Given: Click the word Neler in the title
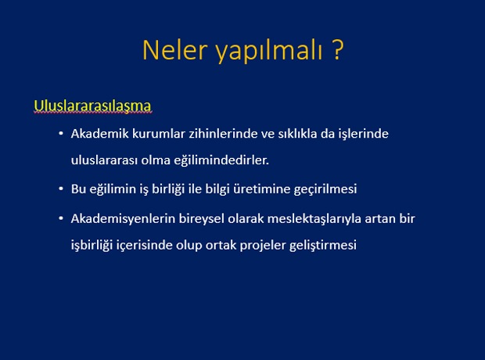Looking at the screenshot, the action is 174,50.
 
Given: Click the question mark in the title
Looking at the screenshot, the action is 338,49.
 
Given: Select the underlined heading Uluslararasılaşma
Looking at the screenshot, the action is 92,106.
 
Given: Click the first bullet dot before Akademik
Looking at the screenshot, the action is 61,134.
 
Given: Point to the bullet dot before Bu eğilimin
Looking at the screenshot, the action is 61,189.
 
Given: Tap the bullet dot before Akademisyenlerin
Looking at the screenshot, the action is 61,218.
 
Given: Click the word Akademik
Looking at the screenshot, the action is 99,134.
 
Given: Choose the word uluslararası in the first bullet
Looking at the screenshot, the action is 104,160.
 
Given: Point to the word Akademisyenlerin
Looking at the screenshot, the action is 123,219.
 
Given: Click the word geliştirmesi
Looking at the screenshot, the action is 323,246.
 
